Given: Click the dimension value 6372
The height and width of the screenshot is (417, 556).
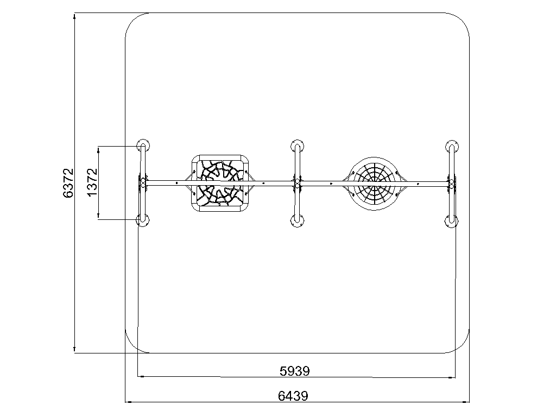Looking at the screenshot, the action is coord(68,183).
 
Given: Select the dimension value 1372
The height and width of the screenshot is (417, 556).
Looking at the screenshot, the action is coord(92,182).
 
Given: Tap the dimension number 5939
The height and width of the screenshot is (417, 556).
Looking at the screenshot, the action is coord(295,371).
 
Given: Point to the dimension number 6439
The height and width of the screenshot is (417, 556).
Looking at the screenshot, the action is coord(293,396).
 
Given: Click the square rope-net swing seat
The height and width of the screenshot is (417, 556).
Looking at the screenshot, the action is coord(220,184).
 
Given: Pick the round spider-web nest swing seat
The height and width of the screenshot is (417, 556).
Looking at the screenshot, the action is coord(375,184).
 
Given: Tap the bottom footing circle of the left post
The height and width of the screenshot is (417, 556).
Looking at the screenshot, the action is coord(143,220).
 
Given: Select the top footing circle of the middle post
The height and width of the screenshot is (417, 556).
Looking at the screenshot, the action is coord(297,146).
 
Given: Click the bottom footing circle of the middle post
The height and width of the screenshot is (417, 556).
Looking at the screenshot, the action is coord(297,221).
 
